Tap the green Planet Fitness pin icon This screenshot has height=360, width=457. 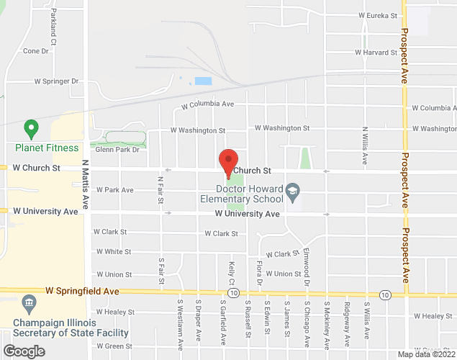tap(31, 130)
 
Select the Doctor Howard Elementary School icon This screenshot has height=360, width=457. tap(292, 191)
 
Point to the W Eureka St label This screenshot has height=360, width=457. tap(377, 15)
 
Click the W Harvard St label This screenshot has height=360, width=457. tap(376, 53)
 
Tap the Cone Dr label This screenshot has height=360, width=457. tap(35, 51)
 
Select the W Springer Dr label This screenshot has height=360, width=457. tap(52, 82)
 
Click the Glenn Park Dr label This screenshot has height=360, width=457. tap(117, 149)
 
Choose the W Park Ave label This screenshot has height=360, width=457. tap(115, 190)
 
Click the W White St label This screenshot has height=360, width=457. tap(112, 252)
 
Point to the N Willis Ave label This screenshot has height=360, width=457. tap(365, 145)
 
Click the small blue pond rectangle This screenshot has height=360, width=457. tap(204, 81)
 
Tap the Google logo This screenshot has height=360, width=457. tap(23, 351)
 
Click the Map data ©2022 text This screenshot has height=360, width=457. tap(425, 354)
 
